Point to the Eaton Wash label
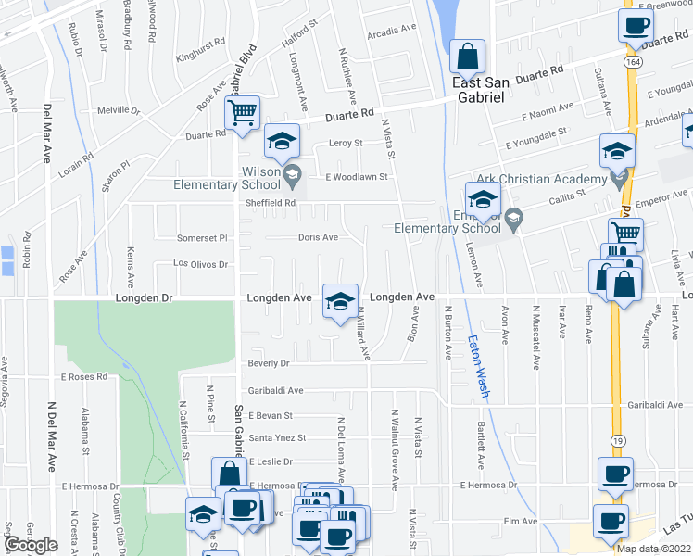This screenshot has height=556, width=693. (x=478, y=366)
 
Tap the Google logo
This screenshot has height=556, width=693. (x=31, y=545)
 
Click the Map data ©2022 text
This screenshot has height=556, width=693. (x=653, y=549)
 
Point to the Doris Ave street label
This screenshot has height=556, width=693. (x=318, y=237)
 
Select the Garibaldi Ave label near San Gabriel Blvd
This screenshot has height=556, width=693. (x=275, y=391)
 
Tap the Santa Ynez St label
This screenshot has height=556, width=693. (x=278, y=437)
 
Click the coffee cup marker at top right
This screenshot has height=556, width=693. (x=636, y=26)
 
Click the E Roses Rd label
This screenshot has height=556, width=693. (x=84, y=377)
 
